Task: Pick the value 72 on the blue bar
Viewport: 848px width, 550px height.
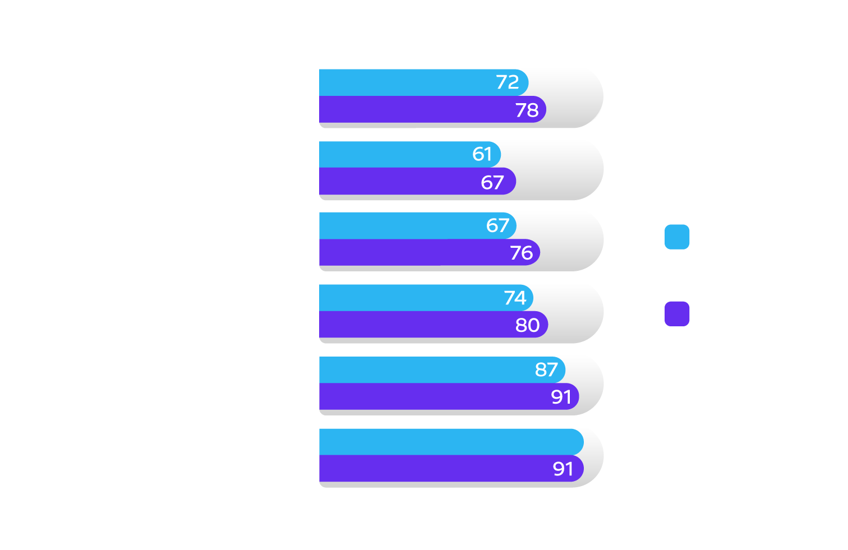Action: [x=508, y=82]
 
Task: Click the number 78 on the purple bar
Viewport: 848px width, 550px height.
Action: [x=527, y=110]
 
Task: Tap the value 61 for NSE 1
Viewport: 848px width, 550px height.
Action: [x=482, y=154]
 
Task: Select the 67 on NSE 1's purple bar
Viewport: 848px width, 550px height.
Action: [x=492, y=182]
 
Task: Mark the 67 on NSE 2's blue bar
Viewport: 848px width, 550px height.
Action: [x=497, y=225]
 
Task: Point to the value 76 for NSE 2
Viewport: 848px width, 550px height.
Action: [x=522, y=253]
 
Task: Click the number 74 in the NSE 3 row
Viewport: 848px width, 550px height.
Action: [x=515, y=298]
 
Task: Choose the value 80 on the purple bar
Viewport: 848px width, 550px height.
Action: [x=528, y=325]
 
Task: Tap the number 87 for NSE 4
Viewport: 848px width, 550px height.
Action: [x=546, y=369]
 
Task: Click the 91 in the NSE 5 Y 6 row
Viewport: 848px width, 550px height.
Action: [x=563, y=469]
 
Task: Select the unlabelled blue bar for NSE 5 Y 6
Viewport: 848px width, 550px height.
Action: [x=449, y=442]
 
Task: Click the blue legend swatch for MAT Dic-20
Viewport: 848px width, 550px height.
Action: [x=677, y=237]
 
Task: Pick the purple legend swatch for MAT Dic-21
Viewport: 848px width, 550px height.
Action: [x=677, y=314]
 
